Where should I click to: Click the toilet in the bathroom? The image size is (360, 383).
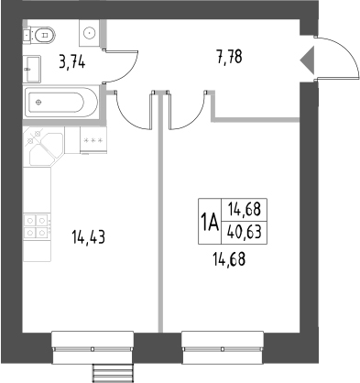41,34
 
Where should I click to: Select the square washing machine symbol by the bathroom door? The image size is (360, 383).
89,34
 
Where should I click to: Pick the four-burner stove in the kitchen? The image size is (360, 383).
36,226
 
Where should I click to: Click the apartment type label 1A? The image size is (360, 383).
209,221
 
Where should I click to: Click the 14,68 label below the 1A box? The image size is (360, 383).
228,259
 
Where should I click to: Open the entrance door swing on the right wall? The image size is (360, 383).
332,59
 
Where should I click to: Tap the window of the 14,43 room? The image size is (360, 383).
92,341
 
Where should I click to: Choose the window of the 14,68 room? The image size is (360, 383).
223,341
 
